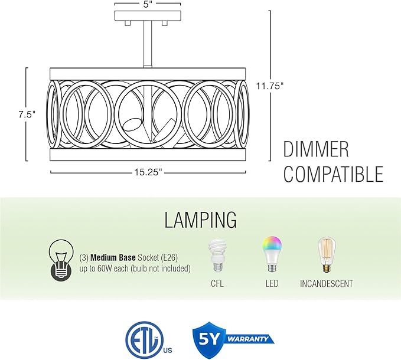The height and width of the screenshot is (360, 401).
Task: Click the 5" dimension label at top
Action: tap(148, 4)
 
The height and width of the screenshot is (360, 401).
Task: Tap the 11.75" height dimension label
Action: tap(270, 86)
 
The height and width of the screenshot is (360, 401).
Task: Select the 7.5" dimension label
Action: tap(27, 114)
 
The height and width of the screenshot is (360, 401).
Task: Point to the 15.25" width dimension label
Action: tap(149, 172)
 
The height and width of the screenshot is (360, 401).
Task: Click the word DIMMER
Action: tap(316, 149)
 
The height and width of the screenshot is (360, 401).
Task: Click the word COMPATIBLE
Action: tap(334, 174)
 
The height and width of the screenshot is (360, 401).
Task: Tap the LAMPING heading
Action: tap(201, 220)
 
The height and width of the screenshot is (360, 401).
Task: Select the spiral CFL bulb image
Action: tap(218, 255)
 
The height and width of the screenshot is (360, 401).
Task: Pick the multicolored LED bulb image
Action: tap(271, 254)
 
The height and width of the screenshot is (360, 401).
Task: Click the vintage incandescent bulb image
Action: tap(327, 254)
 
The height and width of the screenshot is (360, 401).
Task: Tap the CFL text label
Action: tap(217, 284)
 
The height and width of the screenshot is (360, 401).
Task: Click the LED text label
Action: tap(272, 284)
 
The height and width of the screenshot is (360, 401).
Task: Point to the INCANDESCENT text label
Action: tap(327, 284)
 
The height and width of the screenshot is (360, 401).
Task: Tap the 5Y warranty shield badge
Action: tap(210, 339)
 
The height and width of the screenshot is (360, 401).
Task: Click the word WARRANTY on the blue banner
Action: tap(248, 339)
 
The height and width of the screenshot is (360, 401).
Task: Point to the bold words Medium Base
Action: tap(113, 258)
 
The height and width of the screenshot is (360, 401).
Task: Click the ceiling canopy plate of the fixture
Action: tap(148, 15)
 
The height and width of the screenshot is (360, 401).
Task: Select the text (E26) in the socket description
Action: tap(169, 258)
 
